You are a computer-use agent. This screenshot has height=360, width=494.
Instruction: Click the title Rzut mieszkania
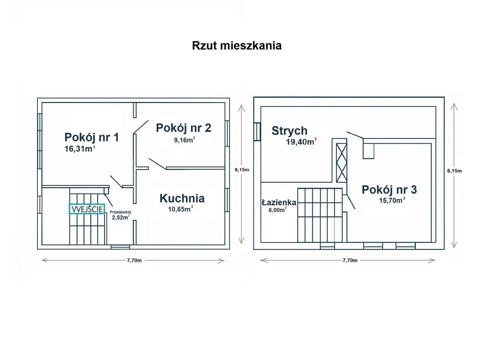(x=237, y=46)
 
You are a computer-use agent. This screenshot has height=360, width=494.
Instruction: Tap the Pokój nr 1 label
(x=91, y=137)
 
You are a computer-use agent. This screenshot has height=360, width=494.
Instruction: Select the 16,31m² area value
(x=80, y=149)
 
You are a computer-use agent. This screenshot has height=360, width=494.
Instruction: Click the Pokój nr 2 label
(x=183, y=128)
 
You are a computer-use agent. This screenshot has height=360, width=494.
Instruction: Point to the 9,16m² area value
(x=184, y=140)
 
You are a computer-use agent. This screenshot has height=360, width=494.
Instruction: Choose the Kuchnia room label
(x=182, y=198)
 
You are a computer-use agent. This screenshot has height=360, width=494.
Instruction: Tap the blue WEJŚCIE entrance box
(x=87, y=209)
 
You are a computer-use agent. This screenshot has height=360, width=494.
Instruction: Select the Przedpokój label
(x=120, y=212)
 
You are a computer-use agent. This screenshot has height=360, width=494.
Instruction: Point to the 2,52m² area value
(x=120, y=218)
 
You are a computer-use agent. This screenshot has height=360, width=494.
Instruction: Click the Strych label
(x=289, y=131)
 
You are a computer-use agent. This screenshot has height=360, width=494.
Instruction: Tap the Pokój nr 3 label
(x=389, y=190)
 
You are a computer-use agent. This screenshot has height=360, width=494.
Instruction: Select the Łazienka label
(x=279, y=202)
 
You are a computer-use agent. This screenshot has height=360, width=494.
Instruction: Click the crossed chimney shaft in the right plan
(x=342, y=162)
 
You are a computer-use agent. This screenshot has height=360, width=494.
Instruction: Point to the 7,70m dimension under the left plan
(x=134, y=260)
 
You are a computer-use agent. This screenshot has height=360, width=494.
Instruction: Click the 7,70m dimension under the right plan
(x=350, y=260)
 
